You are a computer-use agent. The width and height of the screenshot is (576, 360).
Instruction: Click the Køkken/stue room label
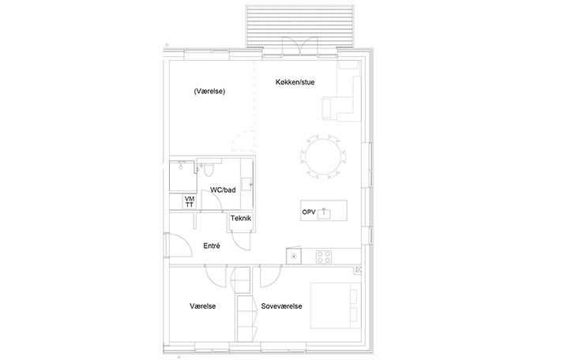click(295, 82)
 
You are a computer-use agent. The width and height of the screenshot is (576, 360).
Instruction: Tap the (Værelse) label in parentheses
click(209, 92)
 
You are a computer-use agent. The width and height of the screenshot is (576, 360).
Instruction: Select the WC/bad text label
click(223, 189)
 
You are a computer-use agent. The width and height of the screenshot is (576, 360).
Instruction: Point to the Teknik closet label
click(241, 219)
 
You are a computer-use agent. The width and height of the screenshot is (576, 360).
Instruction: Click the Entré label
click(212, 246)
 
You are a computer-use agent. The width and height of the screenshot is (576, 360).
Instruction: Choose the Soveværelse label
click(282, 306)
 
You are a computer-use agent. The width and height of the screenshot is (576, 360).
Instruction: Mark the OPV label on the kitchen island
click(309, 212)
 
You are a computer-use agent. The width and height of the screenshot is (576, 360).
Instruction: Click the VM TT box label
click(190, 202)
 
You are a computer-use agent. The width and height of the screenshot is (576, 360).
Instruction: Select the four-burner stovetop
click(324, 257)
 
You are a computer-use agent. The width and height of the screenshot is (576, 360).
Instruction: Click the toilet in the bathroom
click(209, 170)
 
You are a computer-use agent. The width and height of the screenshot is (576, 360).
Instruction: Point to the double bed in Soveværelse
click(335, 306)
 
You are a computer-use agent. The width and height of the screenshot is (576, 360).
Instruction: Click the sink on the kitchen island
click(324, 213)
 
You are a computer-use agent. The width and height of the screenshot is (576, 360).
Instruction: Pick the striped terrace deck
click(299, 26)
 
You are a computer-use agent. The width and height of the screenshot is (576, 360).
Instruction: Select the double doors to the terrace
click(300, 47)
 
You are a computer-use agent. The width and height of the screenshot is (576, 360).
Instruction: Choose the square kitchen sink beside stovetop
click(294, 256)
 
